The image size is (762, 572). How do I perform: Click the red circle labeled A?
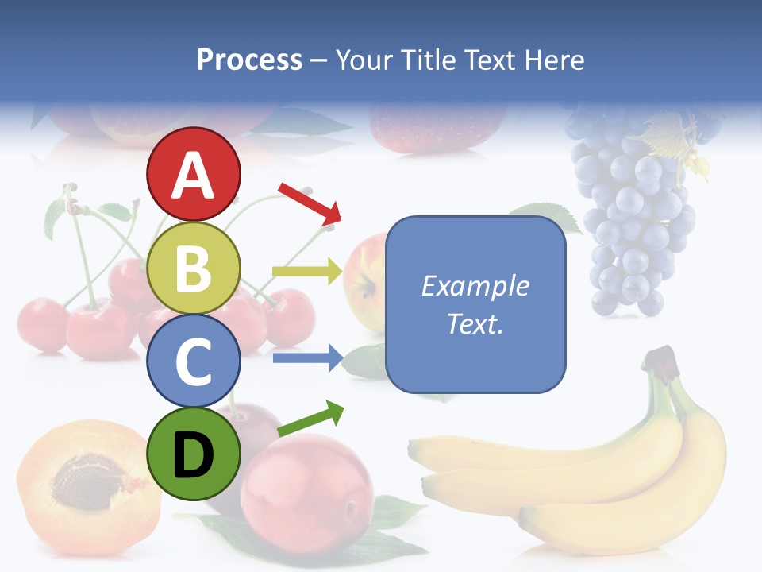pos(193,174)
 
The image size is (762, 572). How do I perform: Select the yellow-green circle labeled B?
pos(193,268)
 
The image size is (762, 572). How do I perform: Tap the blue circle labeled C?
pos(193,361)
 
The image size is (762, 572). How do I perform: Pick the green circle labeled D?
pos(193,454)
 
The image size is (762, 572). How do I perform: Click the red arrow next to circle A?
pos(309,202)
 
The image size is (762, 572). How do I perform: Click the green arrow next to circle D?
pos(310,419)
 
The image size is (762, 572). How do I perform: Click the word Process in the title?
pos(249,60)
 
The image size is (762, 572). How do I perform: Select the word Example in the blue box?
pos(475,286)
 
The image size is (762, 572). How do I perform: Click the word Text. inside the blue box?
pos(475,323)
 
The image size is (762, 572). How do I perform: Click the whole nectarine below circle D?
pos(306,489)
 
